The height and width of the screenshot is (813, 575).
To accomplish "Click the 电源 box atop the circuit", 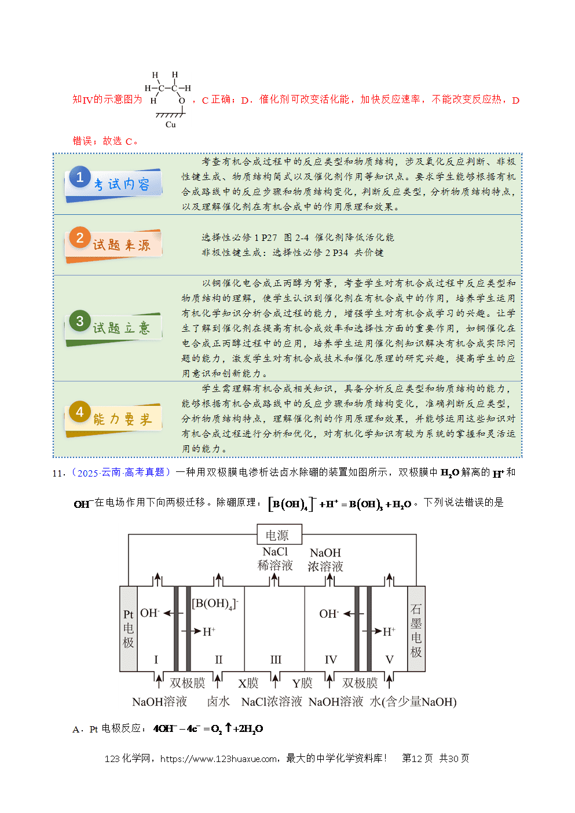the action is pos(279,534).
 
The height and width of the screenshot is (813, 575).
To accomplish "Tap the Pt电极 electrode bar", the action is pos(129,629).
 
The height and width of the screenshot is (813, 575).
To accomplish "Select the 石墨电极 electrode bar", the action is pos(416,629).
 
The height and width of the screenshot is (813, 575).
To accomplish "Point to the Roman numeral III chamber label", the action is pos(276,660).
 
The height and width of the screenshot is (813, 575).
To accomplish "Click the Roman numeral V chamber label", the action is pos(389,660).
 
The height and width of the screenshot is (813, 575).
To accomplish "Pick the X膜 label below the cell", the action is pos(248,683).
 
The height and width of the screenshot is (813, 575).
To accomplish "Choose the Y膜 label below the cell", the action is pos(302,683).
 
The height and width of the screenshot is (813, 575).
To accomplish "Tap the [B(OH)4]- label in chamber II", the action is pos(215,604).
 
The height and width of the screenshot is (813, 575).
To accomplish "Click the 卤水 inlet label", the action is pos(218,702).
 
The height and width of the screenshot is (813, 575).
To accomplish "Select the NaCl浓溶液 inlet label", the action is pos(272,702).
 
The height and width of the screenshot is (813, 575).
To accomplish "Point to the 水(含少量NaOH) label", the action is pos(413,702).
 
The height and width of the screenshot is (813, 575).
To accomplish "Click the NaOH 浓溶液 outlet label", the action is pos(325,560).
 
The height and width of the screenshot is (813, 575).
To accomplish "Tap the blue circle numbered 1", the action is pos(80,177).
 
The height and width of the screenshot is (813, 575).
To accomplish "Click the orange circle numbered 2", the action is pos(80,238).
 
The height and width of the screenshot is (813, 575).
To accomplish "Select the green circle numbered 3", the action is pos(80,321).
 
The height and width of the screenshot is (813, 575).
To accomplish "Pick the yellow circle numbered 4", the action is pos(80,412).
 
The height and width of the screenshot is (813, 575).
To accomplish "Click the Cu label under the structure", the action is pos(171,124).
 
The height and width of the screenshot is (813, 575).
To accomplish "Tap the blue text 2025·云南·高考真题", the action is pos(121,473).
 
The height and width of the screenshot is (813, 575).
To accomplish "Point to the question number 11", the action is pos(58,473).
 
